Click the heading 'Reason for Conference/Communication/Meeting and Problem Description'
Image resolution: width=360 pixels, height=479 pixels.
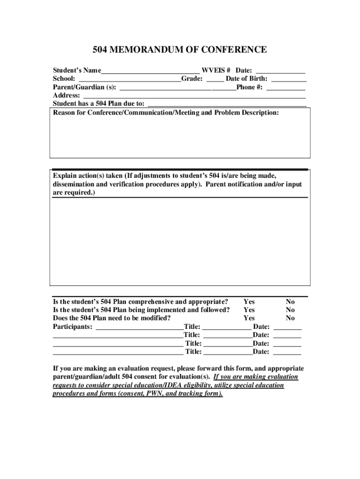tap(166, 113)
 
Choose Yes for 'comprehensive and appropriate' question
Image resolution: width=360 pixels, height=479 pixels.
tap(249, 302)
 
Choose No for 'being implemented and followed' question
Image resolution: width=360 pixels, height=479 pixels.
tap(290, 310)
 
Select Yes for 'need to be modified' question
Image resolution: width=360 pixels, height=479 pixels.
tap(249, 318)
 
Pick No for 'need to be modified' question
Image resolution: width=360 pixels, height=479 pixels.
tap(290, 318)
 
